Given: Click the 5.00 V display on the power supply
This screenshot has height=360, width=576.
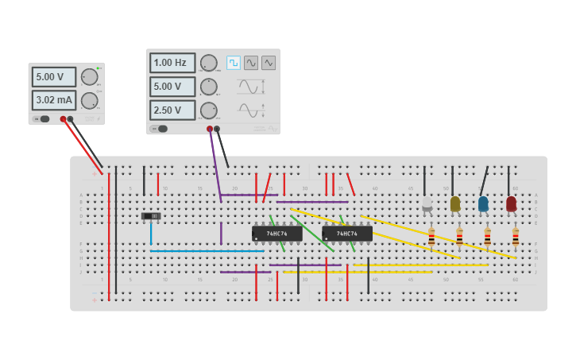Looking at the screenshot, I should coord(53,77).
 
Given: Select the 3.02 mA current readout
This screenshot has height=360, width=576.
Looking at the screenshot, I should coord(53,100).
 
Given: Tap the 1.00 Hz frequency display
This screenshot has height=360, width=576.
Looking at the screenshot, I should coord(172,63).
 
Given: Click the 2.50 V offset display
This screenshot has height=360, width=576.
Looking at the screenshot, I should coord(172,110).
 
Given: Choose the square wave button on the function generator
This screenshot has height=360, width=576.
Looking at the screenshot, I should coord(234,62).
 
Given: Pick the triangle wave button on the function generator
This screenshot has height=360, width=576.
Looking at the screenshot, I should coord(269,62).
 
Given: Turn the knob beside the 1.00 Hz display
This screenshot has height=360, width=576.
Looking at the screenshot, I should coord(208,63).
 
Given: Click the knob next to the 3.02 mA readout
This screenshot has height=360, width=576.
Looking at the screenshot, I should coord(89,100).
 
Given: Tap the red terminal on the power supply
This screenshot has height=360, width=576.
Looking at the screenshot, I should coord(63,119).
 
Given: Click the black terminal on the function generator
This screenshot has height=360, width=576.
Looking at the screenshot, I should coord(217,129).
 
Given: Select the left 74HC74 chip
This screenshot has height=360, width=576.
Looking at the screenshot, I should coord(276,234).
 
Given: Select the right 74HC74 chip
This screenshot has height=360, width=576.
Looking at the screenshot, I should coord(346,234).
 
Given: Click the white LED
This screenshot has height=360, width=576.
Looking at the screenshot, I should coord(427,204).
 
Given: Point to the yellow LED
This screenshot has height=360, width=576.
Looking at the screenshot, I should coord(455,204).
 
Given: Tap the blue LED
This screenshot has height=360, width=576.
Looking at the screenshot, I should coord(483,204).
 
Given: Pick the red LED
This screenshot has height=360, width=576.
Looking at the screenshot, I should coord(511,204).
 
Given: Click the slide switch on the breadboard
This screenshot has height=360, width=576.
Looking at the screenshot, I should coord(151,216).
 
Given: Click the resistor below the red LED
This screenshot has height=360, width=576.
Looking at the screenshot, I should coord(515,236).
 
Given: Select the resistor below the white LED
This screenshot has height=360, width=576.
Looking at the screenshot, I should coord(431,236).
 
